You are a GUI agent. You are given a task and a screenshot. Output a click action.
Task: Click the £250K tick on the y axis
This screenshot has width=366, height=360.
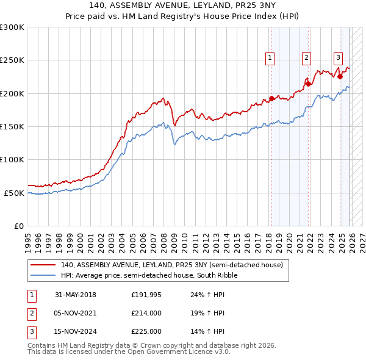(x=12, y=60)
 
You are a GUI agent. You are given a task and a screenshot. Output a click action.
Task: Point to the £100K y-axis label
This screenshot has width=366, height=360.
(x=12, y=159)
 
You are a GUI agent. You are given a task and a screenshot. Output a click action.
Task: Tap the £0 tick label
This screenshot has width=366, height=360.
(x=18, y=226)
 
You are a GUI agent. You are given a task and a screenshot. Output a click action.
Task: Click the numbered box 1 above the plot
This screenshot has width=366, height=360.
(x=270, y=58)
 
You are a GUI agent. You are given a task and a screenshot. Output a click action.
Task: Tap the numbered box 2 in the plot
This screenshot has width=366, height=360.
(x=306, y=58)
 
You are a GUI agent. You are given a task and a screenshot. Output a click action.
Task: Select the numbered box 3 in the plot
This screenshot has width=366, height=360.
(x=337, y=58)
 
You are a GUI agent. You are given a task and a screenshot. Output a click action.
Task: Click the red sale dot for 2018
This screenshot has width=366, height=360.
(x=271, y=98)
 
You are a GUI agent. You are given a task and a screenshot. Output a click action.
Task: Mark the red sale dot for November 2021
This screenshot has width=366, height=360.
(x=309, y=84)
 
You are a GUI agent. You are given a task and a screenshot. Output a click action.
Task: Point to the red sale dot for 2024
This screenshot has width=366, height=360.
(x=340, y=77)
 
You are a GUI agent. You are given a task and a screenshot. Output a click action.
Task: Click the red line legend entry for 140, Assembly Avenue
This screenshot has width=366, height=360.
(x=171, y=265)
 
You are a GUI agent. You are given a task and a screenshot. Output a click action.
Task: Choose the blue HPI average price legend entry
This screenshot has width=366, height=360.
(x=149, y=275)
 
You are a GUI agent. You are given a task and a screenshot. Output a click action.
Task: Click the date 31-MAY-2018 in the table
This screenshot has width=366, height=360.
(x=76, y=295)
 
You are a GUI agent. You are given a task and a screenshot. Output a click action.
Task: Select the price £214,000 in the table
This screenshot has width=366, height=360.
(x=146, y=313)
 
